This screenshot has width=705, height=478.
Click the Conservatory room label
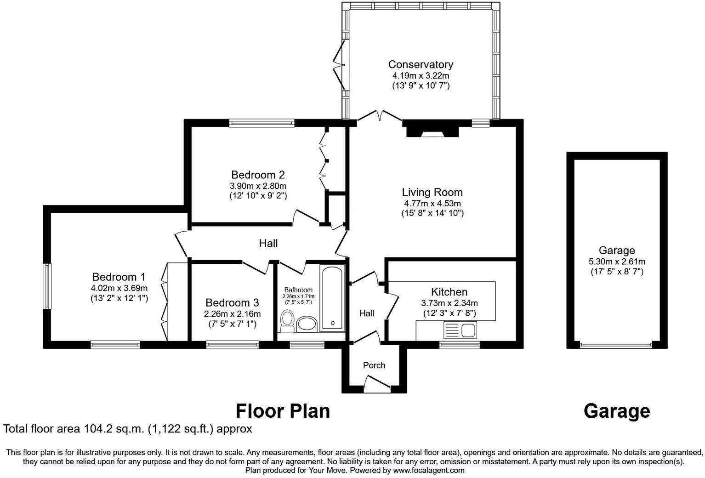[x=421, y=64]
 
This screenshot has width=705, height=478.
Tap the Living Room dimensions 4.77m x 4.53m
[x=432, y=203]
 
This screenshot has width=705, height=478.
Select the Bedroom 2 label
[x=258, y=175]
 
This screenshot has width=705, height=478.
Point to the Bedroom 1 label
[x=119, y=277]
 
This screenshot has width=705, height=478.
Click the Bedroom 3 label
[x=232, y=302]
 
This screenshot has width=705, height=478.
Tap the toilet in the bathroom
[x=288, y=320]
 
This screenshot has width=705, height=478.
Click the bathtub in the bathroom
[x=331, y=298]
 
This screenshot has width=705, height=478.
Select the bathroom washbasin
[x=307, y=324]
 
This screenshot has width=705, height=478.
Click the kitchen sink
[x=468, y=330]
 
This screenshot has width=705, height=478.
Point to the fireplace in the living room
[x=432, y=130]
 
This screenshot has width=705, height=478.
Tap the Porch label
[x=374, y=365]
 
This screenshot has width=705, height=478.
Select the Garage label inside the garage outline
[x=617, y=250]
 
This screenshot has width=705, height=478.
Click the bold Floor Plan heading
[x=283, y=411]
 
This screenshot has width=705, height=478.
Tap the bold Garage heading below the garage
[x=617, y=411]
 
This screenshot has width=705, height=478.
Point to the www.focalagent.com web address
[x=429, y=470]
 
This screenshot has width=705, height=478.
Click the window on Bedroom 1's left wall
[x=47, y=286]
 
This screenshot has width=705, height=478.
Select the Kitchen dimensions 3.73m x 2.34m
[x=449, y=303]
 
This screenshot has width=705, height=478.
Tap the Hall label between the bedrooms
[x=268, y=243]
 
